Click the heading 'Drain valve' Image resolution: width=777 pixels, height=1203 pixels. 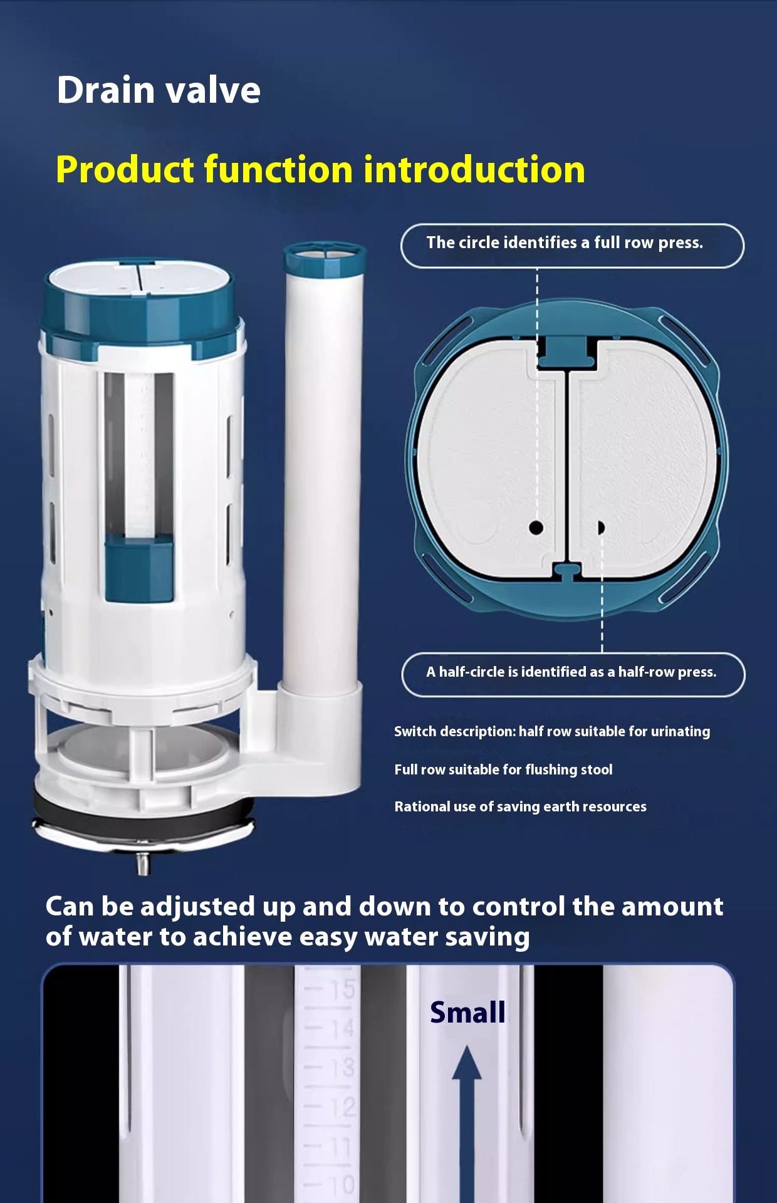point(159,90)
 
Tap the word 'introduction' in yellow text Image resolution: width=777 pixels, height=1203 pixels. point(474,170)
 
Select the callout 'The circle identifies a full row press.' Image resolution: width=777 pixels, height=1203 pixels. point(572,246)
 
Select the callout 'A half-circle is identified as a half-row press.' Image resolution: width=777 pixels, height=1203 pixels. point(573,674)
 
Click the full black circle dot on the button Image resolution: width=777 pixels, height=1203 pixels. point(536,528)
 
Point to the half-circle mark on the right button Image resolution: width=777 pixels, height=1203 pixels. point(601,528)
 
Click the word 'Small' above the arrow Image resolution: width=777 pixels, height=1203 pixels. point(467,1012)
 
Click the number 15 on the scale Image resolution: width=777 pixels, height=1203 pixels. point(343,989)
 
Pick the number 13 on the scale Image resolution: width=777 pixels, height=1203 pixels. point(343,1067)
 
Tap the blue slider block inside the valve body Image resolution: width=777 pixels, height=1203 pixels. point(138,570)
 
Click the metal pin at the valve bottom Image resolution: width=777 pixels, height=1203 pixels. point(143,864)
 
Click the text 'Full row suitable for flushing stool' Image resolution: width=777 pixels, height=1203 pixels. point(503,769)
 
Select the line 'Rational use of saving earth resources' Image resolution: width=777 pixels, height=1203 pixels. point(520,806)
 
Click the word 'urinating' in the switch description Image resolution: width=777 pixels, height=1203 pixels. point(681,732)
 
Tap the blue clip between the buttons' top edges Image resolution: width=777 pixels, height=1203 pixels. point(566,352)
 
